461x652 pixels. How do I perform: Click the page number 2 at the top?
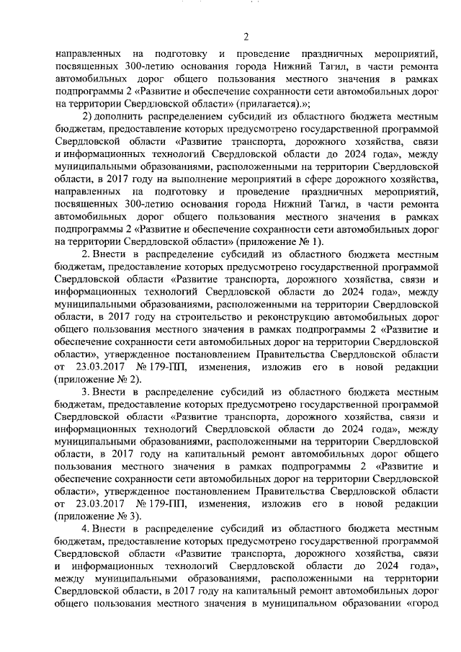tap(246, 37)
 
